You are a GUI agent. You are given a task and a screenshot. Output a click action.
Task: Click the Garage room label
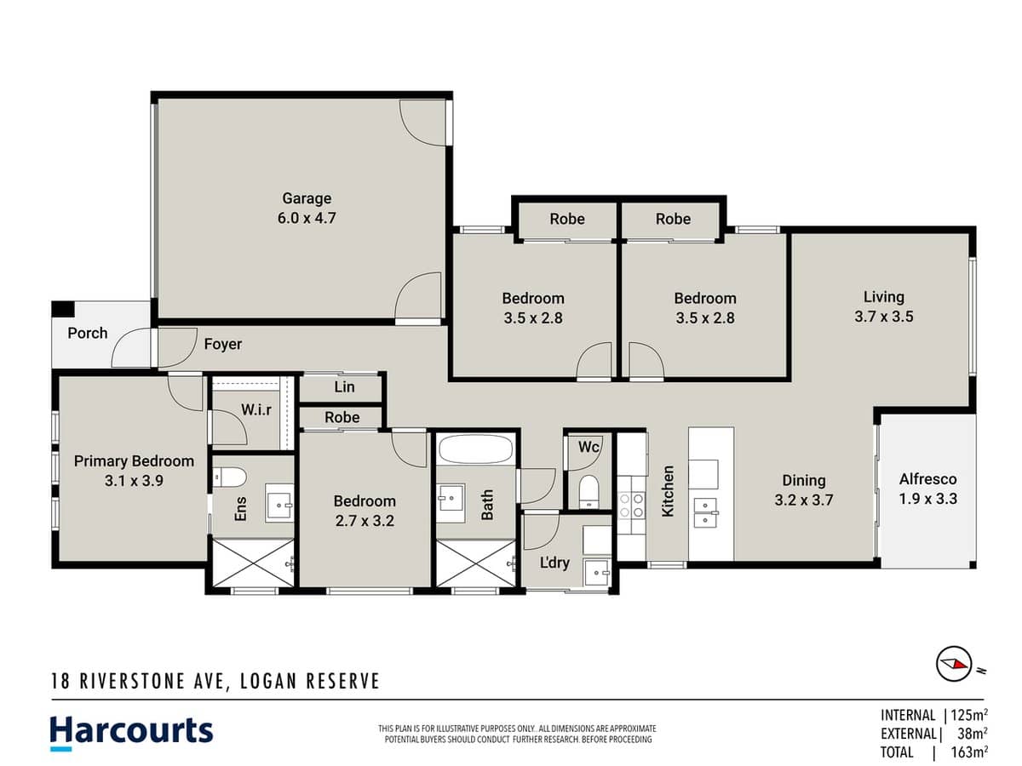(x=307, y=198)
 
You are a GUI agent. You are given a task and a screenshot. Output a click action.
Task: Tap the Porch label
(x=88, y=333)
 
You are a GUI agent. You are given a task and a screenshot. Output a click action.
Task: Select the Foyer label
(x=222, y=344)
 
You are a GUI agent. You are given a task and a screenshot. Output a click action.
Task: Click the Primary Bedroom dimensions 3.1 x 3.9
(x=134, y=480)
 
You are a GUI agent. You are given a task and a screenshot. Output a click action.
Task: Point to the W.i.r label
(x=256, y=409)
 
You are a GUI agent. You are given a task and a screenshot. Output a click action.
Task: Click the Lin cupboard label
(x=344, y=387)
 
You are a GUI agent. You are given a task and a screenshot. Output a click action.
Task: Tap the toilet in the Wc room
(x=588, y=491)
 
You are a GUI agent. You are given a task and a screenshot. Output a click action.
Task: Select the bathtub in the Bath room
(x=475, y=449)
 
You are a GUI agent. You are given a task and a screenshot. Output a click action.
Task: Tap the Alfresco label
(x=928, y=479)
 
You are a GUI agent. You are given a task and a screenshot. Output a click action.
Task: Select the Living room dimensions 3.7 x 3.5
(x=883, y=317)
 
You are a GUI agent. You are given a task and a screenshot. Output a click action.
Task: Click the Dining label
(x=804, y=481)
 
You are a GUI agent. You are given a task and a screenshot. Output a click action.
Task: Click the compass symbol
(x=954, y=663)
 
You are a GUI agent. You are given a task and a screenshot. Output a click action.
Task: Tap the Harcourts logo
(x=131, y=731)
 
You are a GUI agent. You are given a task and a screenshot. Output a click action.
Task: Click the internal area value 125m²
(x=968, y=715)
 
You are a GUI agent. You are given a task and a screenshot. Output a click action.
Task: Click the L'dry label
(x=555, y=562)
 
